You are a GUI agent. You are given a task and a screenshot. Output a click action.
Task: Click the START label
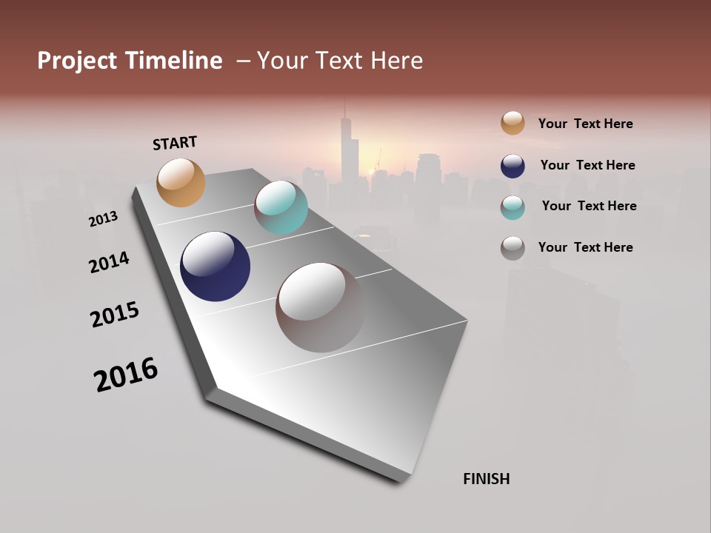175,143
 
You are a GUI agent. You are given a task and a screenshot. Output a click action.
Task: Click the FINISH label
486,479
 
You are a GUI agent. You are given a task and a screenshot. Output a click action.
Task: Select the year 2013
103,219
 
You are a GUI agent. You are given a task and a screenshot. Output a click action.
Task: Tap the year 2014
109,262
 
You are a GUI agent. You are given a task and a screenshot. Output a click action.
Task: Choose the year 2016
126,375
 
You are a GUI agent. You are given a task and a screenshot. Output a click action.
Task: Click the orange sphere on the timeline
181,182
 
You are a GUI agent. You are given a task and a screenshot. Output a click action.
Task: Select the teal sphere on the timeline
281,207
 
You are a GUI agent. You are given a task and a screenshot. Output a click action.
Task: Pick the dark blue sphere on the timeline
215,266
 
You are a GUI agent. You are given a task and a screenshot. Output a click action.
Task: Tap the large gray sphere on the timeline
320,307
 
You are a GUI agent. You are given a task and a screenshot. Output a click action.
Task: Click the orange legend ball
513,123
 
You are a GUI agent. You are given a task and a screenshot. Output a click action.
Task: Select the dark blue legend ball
513,166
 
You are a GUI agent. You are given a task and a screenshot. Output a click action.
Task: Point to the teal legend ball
513,207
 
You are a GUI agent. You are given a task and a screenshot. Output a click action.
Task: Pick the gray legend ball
513,248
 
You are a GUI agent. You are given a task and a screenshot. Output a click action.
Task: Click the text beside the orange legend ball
585,124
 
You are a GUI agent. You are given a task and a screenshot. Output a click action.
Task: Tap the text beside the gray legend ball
585,247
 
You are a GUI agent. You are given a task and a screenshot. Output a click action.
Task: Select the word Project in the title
76,61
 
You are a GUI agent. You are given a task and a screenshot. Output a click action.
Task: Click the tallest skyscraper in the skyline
346,148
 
